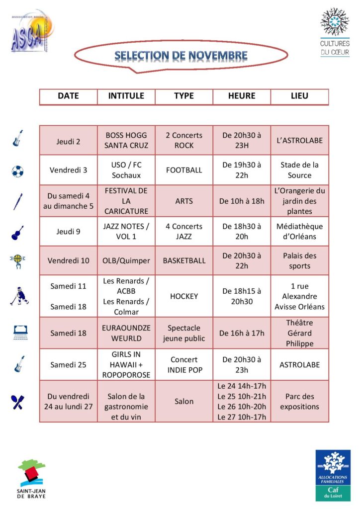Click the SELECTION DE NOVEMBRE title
(181, 55)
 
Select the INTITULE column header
(126, 96)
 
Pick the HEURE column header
(242, 96)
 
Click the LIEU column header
(299, 96)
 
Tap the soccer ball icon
(17, 171)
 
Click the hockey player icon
(18, 297)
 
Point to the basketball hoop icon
(17, 261)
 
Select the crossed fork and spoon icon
(18, 402)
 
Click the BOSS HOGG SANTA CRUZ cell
(126, 140)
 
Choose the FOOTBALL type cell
(184, 170)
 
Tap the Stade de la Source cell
(299, 170)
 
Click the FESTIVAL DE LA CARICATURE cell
(126, 201)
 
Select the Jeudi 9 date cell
(69, 231)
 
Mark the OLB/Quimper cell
(126, 260)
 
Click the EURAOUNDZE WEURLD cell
(126, 333)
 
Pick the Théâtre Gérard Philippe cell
(299, 333)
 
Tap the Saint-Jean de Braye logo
(31, 478)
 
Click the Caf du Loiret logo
(333, 475)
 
